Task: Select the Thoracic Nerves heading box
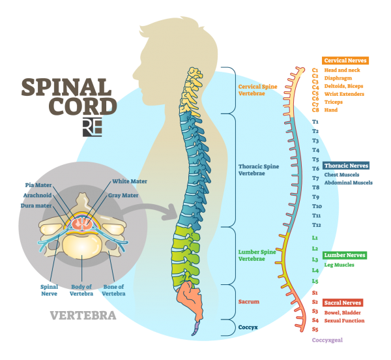click(x=346, y=166)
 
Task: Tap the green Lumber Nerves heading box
click(x=344, y=256)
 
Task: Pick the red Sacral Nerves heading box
click(x=343, y=303)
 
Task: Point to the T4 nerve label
click(x=315, y=150)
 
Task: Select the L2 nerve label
click(x=315, y=248)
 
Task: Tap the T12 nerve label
click(x=317, y=224)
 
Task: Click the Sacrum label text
click(x=248, y=302)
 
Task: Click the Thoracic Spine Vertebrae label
click(x=258, y=170)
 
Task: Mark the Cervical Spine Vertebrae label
click(x=257, y=90)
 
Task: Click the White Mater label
click(x=130, y=181)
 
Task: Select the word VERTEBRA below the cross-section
click(x=83, y=316)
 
